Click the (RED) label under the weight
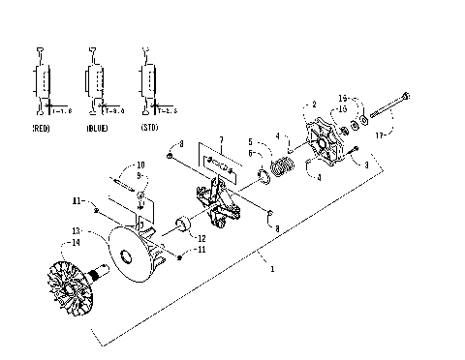tap(43, 127)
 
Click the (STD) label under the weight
tap(150, 127)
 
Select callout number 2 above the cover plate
tap(314, 104)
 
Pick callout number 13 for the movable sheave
tap(76, 231)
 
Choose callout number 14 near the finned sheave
tap(76, 244)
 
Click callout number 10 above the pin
tap(139, 165)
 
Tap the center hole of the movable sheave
tap(128, 257)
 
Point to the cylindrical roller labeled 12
tap(181, 230)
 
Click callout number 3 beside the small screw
tap(365, 165)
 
